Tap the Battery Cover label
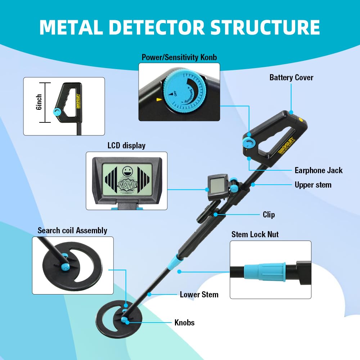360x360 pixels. pos(291,77)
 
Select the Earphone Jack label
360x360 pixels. pos(319,170)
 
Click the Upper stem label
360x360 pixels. pos(313,185)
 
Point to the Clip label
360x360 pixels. pos(269,215)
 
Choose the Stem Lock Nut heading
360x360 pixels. pos(255,234)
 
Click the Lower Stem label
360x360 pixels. pos(199,294)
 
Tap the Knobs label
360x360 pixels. pos(184,323)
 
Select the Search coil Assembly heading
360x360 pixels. pos(72,230)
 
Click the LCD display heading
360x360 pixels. pos(126,145)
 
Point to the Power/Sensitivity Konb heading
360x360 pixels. pos(179,57)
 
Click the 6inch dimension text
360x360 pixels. pos(39,102)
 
